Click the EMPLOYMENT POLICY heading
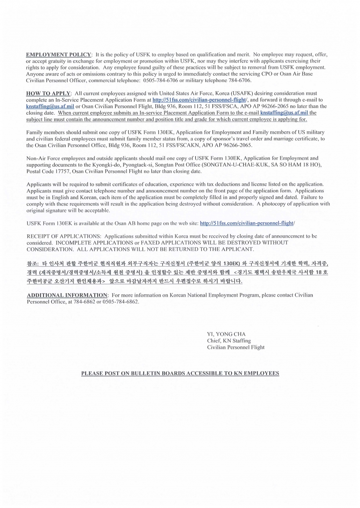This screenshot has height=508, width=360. click(59, 54)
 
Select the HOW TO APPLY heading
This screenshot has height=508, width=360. click(49, 93)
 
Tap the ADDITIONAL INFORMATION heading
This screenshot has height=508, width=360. click(67, 295)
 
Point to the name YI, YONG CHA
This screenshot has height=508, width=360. click(226, 334)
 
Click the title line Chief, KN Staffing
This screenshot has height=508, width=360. click(229, 341)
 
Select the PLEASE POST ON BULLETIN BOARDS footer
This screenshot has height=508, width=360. click(180, 373)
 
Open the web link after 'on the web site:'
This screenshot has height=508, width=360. click(246, 223)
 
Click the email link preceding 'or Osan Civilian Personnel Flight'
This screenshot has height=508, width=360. click(50, 106)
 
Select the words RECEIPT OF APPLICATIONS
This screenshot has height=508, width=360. click(64, 236)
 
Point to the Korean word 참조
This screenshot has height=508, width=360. click(32, 263)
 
